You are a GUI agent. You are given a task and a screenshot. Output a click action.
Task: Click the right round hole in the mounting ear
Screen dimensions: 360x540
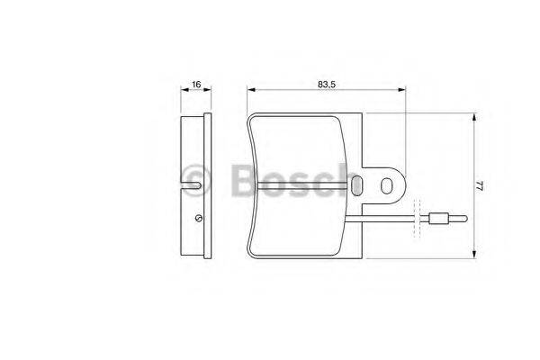coord(388,185)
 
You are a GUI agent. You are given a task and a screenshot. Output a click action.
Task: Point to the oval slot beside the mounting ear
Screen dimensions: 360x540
coord(357,185)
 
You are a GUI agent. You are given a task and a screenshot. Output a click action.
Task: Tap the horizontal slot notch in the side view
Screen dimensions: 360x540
coord(192,186)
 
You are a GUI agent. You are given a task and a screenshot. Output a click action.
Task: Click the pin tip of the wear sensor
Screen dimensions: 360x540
coord(460,217)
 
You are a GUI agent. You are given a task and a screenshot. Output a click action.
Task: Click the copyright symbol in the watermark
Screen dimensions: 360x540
coord(195,177)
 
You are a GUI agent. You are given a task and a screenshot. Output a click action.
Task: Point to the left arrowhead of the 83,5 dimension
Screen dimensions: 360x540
coord(251,90)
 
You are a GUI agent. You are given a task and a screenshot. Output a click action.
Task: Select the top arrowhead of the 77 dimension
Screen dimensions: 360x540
coord(473,118)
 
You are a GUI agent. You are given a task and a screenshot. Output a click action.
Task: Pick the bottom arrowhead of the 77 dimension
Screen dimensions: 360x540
coord(473,254)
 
